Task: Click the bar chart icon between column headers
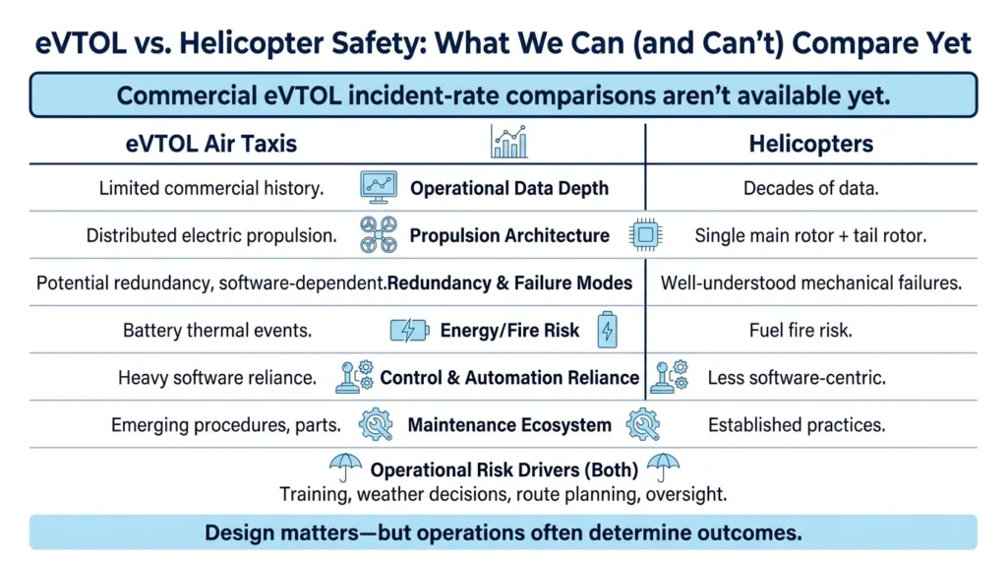tap(509, 142)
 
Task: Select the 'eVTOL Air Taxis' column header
tap(211, 144)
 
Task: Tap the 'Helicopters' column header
tap(811, 144)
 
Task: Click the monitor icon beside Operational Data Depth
tap(379, 187)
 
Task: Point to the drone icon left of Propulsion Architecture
tap(379, 234)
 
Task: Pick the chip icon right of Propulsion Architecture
tap(646, 234)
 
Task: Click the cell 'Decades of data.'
tap(811, 188)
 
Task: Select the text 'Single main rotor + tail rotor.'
tap(810, 236)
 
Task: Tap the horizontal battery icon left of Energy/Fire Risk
tap(410, 331)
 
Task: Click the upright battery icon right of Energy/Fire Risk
tap(608, 330)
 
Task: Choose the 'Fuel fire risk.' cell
tap(800, 331)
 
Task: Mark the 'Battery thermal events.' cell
tap(217, 331)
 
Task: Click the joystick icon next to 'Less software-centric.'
tap(669, 377)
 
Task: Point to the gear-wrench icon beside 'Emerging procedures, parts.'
tap(376, 425)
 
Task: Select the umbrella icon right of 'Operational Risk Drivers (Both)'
tap(663, 468)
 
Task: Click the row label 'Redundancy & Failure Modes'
tap(510, 282)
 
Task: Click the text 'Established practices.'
tap(797, 425)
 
